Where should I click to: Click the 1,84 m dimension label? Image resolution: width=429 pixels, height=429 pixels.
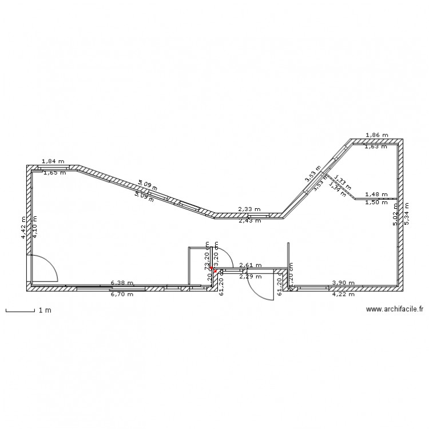click(x=53, y=162)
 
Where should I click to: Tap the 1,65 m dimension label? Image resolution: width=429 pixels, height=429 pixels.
click(x=54, y=172)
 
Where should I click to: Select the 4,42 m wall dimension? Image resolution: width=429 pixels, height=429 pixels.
click(x=23, y=228)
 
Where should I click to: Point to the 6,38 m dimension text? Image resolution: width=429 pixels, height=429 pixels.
click(x=122, y=283)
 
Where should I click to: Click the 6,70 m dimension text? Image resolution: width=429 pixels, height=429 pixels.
click(x=122, y=294)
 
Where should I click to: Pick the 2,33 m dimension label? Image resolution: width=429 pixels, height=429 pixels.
click(x=249, y=210)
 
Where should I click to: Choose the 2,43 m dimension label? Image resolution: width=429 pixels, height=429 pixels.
click(x=249, y=220)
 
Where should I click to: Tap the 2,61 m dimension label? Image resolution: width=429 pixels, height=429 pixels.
click(x=250, y=265)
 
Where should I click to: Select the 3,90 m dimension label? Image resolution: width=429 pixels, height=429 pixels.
click(x=343, y=283)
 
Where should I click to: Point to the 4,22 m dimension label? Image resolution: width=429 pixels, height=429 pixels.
click(x=343, y=294)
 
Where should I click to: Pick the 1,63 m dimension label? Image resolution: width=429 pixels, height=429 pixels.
click(x=375, y=146)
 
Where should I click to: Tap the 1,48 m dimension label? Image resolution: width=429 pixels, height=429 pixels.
click(x=376, y=194)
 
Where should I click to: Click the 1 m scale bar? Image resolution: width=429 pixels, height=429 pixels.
click(x=21, y=311)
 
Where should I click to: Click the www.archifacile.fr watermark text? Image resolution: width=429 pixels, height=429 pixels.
click(x=394, y=309)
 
